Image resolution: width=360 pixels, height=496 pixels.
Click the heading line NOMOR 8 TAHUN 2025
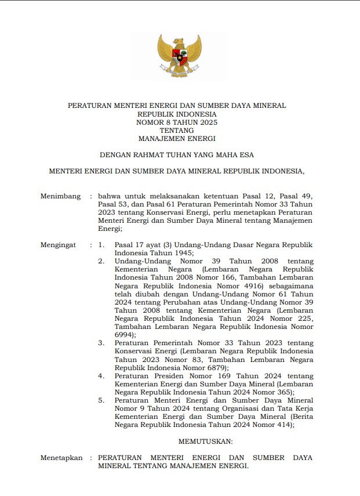177,122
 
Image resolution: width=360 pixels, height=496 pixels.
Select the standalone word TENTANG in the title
177,131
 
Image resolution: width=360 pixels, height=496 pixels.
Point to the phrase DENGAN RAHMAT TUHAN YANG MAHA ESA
177,155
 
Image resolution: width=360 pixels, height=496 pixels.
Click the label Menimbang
60,197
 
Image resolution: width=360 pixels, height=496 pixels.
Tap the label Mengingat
58,245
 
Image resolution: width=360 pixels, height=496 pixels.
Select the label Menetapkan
61,458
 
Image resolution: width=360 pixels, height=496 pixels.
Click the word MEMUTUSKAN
205,441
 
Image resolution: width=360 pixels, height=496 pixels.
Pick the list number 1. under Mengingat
101,245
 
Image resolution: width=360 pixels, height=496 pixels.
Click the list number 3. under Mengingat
101,343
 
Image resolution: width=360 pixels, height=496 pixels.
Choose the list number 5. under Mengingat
101,400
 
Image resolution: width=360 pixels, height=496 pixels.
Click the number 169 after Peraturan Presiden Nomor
224,375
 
